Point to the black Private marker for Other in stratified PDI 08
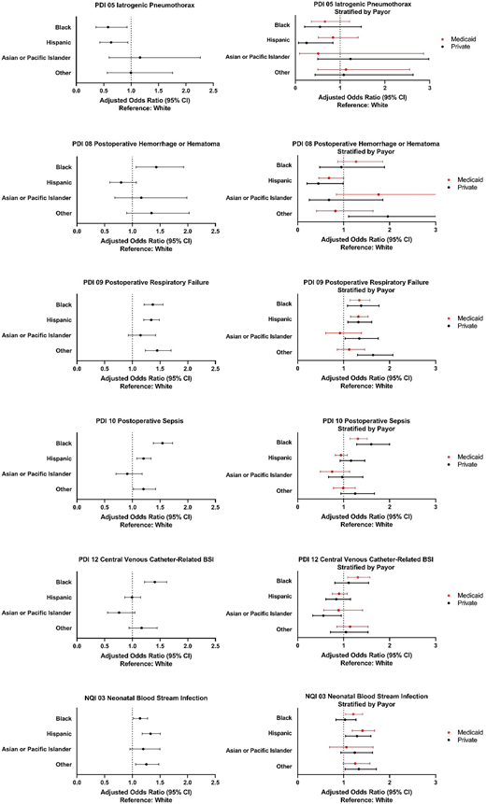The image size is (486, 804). point(388,217)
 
